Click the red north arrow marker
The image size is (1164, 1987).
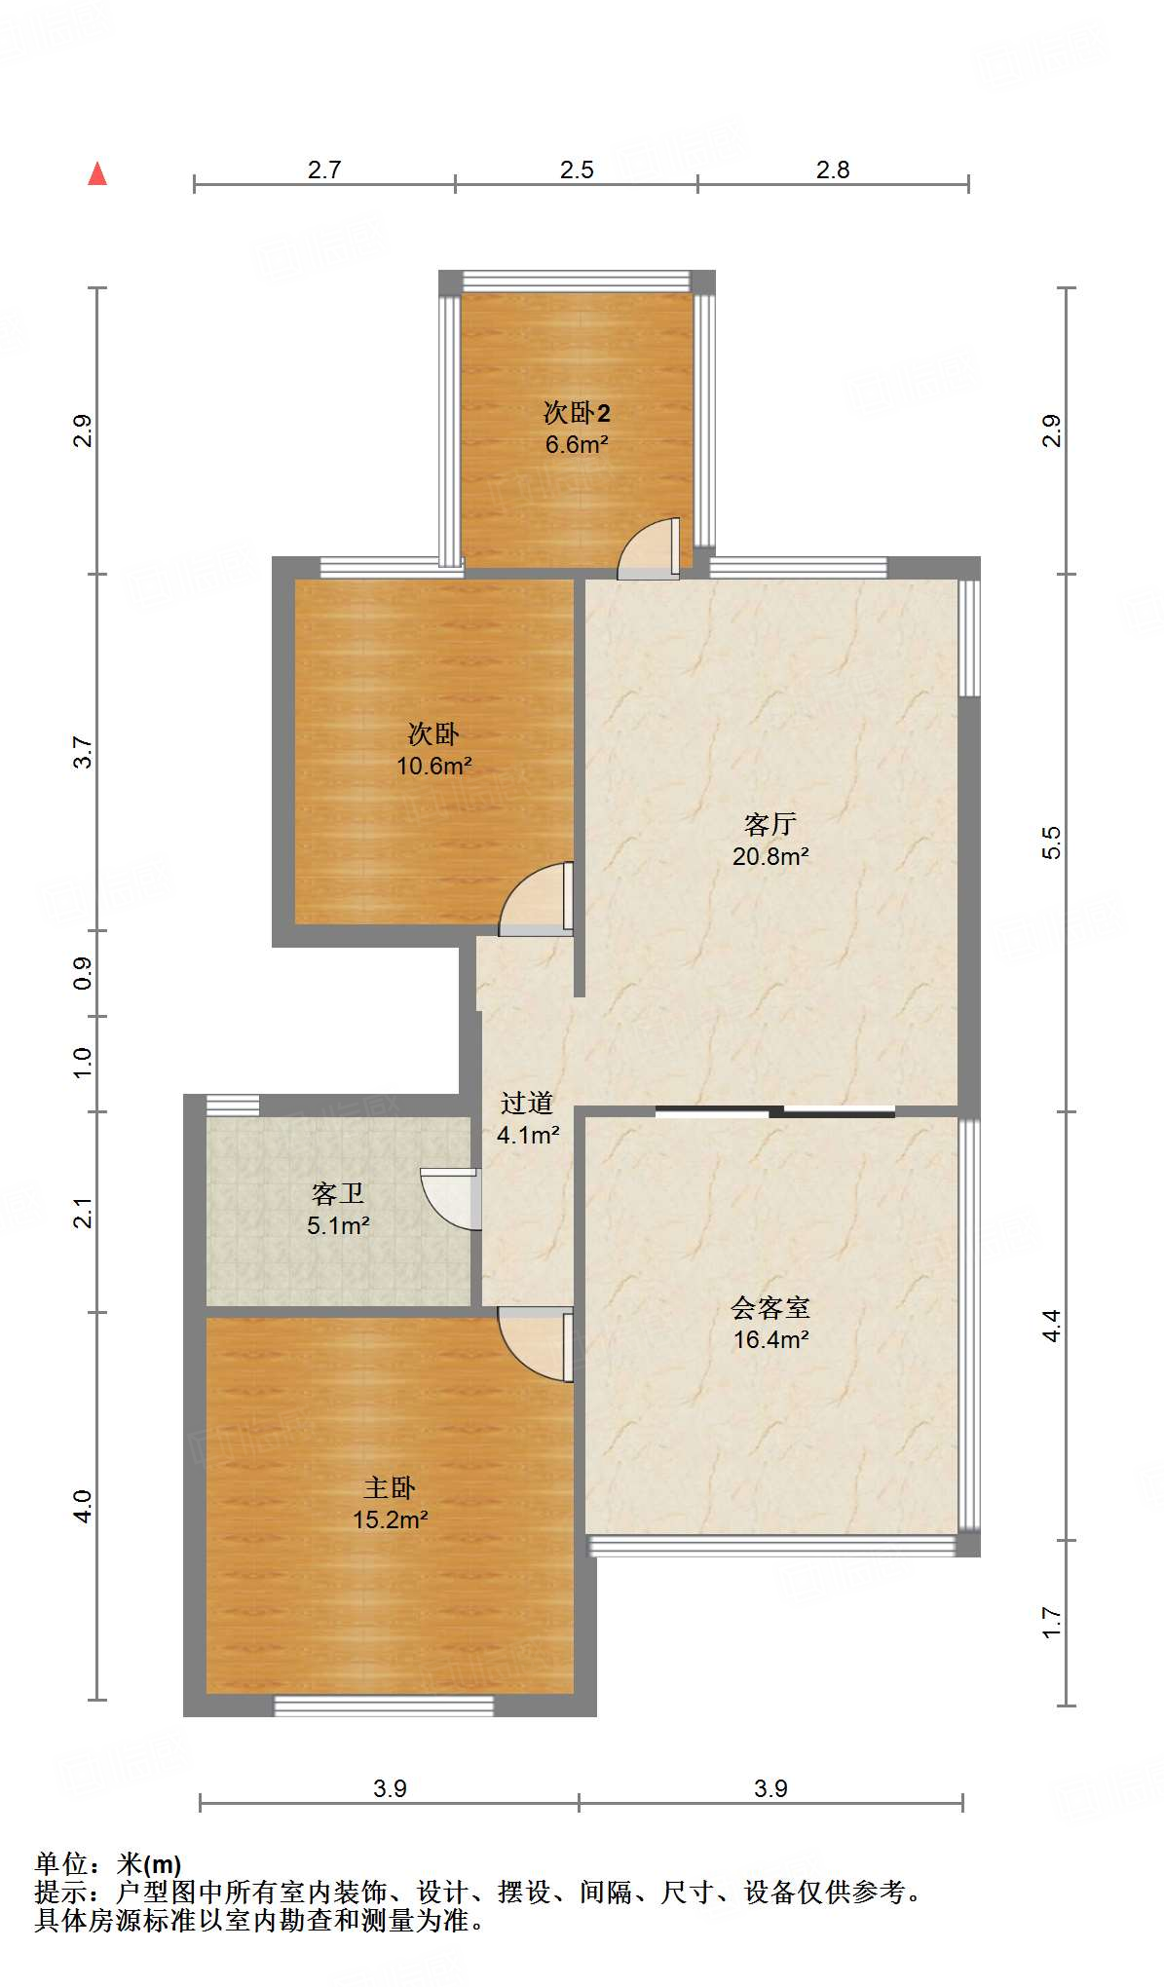[x=97, y=174]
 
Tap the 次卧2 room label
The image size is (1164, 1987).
[x=577, y=413]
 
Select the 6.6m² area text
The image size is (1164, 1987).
[x=577, y=445]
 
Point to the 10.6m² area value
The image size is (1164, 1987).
[x=433, y=767]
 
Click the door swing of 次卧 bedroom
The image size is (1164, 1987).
[x=536, y=900]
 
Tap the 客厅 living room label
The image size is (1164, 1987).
[x=770, y=825]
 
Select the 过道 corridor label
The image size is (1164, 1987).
[x=527, y=1103]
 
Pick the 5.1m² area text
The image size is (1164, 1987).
[x=338, y=1226]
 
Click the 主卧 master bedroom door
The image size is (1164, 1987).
[x=536, y=1343]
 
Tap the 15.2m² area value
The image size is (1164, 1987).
[x=390, y=1519]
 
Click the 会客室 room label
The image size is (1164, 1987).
[x=770, y=1307]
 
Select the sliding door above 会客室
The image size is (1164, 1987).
[x=774, y=1111]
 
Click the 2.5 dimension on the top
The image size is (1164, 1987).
[x=577, y=170]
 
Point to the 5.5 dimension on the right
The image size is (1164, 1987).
[x=1051, y=843]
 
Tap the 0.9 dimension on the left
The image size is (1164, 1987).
[x=83, y=972]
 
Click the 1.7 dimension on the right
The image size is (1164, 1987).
[x=1051, y=1622]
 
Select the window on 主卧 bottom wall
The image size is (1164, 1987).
[x=384, y=1706]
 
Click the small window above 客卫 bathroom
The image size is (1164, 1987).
[x=233, y=1106]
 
